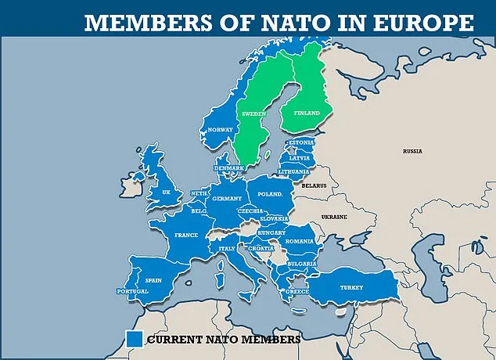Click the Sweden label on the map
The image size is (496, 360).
point(253,113)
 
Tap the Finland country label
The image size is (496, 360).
point(307,113)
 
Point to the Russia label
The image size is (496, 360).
point(412,150)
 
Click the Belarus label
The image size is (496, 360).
point(314,186)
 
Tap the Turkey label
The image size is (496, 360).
point(350,287)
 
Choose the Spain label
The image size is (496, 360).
point(153,279)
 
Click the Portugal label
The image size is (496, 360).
point(131,291)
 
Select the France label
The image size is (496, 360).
point(185,235)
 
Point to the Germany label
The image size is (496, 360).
point(227,199)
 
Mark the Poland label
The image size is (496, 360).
point(269,192)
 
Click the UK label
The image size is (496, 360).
point(166,192)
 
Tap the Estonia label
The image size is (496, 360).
point(302,143)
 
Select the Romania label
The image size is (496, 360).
point(300,242)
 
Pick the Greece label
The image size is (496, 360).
point(297,292)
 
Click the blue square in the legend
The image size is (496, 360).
point(133,339)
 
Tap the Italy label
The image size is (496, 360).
point(227,248)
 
